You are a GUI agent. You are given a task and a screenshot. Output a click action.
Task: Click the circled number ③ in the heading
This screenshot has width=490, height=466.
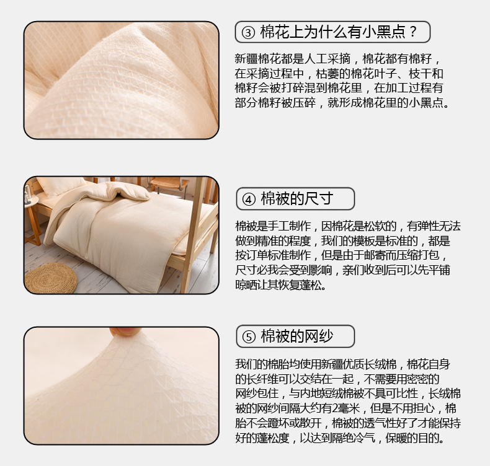[248, 32]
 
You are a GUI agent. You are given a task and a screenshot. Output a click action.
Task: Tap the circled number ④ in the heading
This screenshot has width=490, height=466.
[249, 199]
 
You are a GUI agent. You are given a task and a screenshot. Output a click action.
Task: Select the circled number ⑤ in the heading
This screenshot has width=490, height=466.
[249, 336]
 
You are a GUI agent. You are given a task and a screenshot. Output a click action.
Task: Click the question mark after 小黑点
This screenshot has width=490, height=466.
[413, 32]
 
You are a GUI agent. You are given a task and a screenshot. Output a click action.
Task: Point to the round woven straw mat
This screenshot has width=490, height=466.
[51, 278]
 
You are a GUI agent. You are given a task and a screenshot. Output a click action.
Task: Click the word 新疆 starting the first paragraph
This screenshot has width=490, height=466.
[246, 59]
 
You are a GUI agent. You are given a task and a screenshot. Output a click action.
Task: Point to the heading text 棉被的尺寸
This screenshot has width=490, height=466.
[297, 199]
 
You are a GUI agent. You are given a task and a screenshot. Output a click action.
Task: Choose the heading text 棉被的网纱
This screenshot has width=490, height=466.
[297, 336]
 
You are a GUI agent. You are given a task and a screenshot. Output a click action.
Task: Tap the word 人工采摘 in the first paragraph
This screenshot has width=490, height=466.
[327, 59]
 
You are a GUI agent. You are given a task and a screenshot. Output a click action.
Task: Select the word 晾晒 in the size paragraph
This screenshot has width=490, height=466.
[246, 285]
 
